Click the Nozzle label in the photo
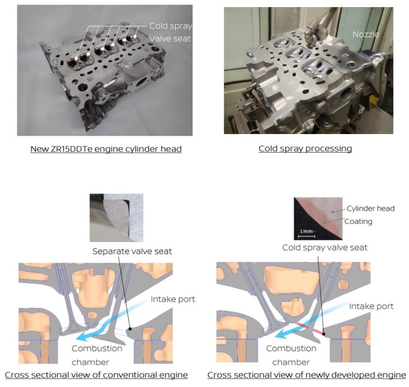point(365,34)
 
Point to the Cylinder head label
point(371,208)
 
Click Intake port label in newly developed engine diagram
point(371,306)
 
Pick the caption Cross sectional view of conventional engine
point(97,375)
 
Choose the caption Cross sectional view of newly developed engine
point(306,375)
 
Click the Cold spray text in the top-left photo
point(170,26)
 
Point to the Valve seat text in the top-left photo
point(171,39)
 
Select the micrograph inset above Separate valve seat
point(116,217)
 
